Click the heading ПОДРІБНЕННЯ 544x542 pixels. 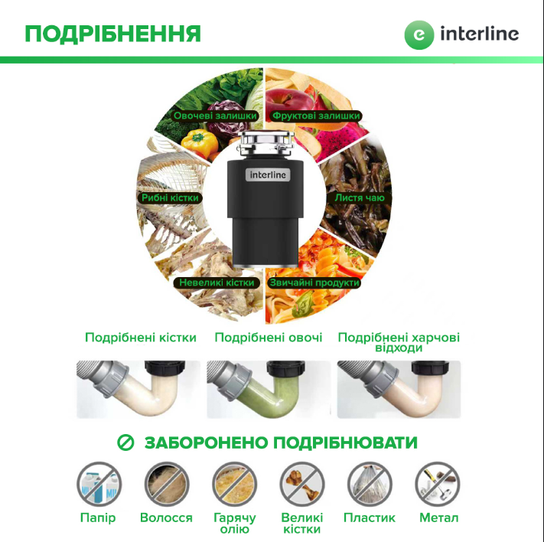pyautogui.click(x=112, y=34)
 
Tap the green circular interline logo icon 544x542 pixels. pyautogui.click(x=418, y=34)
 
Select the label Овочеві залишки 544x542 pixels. pyautogui.click(x=214, y=116)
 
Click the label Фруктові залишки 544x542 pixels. pyautogui.click(x=316, y=116)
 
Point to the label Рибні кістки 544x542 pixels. pyautogui.click(x=170, y=198)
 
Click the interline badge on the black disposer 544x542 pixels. pyautogui.click(x=268, y=175)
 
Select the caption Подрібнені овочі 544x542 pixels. pyautogui.click(x=269, y=338)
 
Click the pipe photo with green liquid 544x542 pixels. pyautogui.click(x=269, y=389)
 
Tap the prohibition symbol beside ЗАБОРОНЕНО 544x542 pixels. pyautogui.click(x=125, y=443)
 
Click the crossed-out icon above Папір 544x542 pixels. pyautogui.click(x=99, y=484)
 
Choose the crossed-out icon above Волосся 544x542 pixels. pyautogui.click(x=167, y=484)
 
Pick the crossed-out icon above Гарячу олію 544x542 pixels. pyautogui.click(x=234, y=484)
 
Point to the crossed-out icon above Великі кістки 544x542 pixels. pyautogui.click(x=302, y=484)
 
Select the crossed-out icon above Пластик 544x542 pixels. pyautogui.click(x=370, y=484)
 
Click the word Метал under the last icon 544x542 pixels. pyautogui.click(x=438, y=518)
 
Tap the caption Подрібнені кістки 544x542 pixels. pyautogui.click(x=141, y=338)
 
